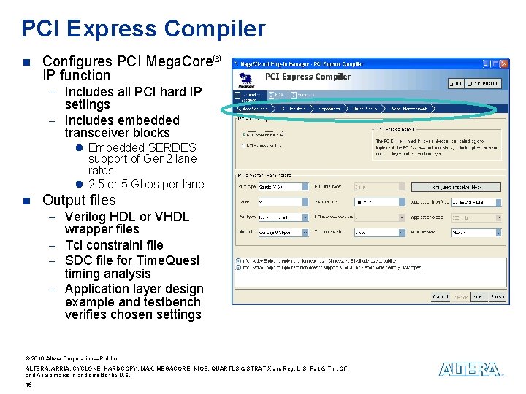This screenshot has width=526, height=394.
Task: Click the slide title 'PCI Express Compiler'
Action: click(143, 28)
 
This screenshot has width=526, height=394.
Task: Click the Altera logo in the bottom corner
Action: click(469, 370)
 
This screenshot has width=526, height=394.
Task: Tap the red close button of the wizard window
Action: click(503, 64)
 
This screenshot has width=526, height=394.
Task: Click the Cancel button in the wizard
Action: click(441, 297)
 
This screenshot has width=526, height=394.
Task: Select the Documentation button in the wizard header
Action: click(484, 83)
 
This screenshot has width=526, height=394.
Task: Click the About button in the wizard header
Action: click(456, 83)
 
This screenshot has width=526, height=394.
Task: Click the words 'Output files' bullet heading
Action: click(79, 200)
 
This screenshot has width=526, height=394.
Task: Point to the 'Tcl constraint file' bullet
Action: click(114, 245)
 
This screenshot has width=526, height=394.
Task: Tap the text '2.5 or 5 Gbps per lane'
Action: click(146, 184)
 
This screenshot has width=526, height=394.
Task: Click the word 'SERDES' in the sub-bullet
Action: click(172, 147)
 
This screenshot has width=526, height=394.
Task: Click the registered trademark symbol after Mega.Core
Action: click(216, 58)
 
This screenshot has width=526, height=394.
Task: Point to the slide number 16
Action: click(28, 385)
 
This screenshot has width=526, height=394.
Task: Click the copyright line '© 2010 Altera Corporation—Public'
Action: click(71, 358)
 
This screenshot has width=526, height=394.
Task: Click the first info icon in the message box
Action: click(237, 260)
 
